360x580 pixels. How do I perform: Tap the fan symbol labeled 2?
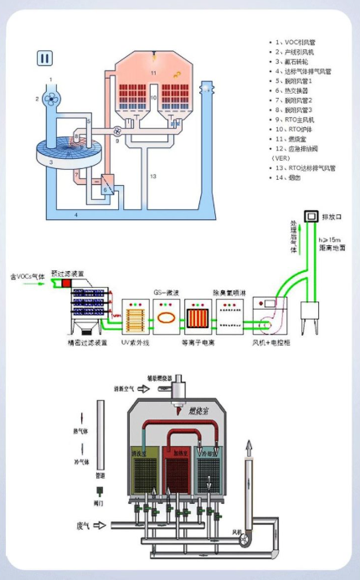click(x=51, y=98)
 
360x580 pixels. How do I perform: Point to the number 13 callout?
click(x=153, y=177)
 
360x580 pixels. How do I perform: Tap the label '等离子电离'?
click(x=199, y=342)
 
